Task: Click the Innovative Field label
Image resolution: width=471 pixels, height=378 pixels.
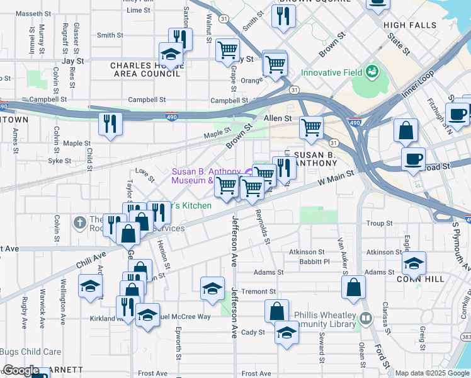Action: point(331,72)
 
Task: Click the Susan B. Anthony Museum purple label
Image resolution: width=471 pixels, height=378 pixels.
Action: point(206,176)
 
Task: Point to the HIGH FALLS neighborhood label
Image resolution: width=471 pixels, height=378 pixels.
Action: point(410,25)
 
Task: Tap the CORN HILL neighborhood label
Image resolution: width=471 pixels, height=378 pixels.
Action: point(420,277)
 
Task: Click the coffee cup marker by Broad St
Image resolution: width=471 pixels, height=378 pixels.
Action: point(413,159)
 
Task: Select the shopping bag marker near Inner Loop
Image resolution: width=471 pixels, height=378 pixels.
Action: point(406,131)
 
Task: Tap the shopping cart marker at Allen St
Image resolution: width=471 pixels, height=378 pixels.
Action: point(311,129)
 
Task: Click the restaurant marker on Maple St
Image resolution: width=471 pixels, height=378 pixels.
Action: point(111,124)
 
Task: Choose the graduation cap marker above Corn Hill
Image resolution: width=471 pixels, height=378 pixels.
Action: point(414,263)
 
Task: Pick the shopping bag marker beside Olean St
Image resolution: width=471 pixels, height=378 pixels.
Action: point(354,287)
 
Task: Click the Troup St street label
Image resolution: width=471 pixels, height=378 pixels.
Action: point(380,224)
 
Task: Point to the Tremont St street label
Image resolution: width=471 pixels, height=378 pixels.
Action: point(259,292)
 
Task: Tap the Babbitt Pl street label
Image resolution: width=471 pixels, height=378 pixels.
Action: point(314,261)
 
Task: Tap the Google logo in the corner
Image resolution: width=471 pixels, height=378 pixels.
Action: point(21,370)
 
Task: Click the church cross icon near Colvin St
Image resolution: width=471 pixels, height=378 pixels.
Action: point(79,222)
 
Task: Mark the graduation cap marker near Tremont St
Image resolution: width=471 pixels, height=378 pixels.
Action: point(213,289)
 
